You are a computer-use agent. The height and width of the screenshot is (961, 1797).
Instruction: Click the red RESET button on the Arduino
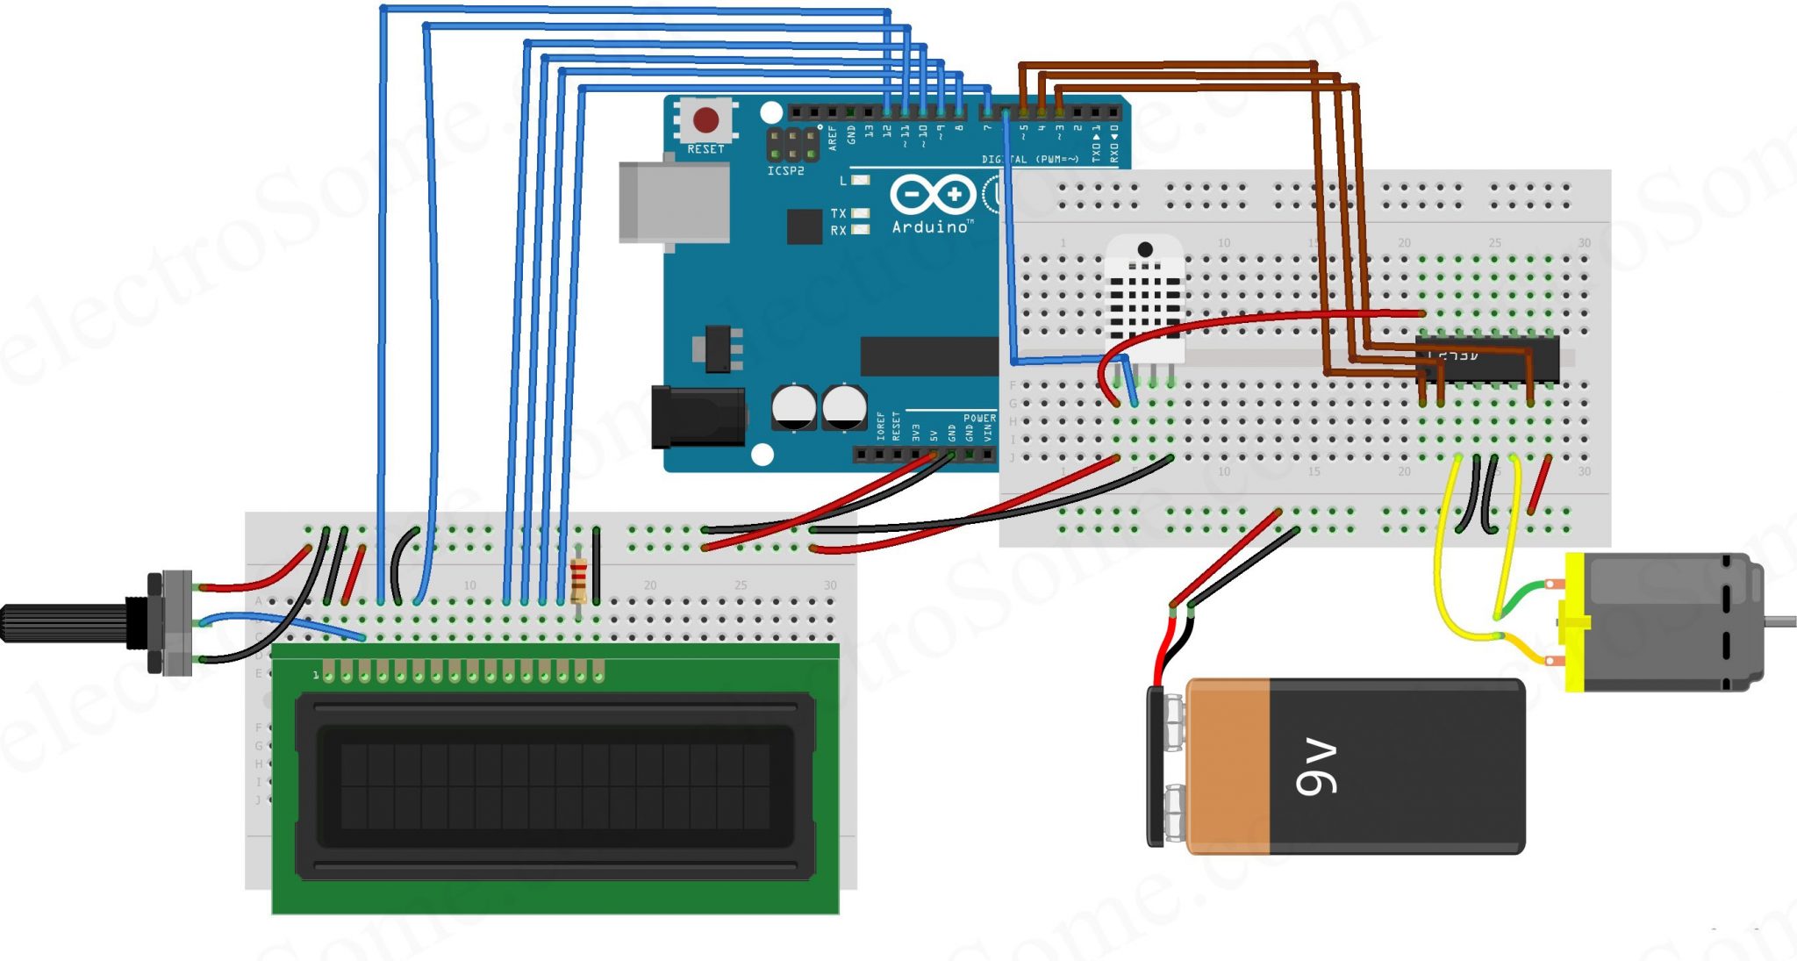pos(705,119)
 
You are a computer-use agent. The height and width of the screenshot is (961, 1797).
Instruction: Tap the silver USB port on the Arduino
pos(673,202)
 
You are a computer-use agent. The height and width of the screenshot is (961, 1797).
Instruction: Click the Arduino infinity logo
pos(932,194)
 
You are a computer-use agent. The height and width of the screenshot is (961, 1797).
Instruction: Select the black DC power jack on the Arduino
pos(698,418)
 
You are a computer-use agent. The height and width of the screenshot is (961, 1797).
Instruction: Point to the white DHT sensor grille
pos(1144,298)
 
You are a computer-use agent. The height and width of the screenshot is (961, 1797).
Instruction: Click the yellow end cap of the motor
pos(1574,621)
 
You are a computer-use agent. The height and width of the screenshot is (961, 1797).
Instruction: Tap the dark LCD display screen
pos(555,785)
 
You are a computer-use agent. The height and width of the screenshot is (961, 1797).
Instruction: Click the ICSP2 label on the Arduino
pos(785,171)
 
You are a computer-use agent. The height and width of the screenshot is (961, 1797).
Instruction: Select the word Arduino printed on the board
pos(931,226)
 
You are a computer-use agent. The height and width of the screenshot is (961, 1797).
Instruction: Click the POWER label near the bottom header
pos(979,419)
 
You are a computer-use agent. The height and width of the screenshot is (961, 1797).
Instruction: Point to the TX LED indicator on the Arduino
pos(860,213)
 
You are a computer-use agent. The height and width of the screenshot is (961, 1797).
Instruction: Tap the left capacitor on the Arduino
pos(793,407)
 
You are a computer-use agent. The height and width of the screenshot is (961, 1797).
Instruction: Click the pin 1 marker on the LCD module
pos(316,675)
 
